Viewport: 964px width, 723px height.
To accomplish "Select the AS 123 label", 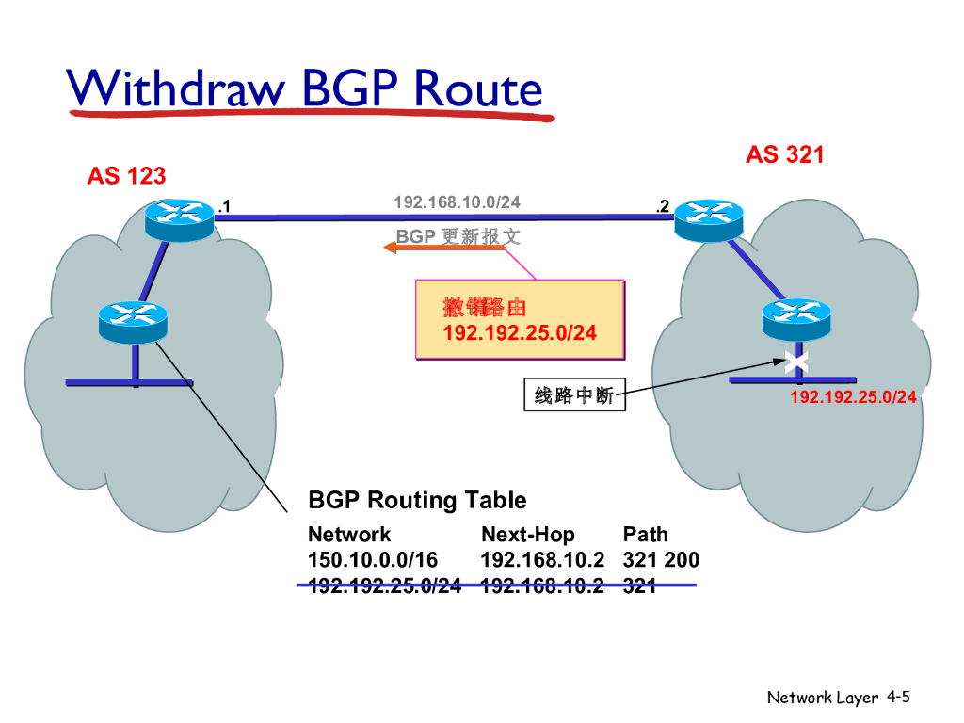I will [x=126, y=175].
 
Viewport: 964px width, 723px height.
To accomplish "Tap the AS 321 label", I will [x=785, y=154].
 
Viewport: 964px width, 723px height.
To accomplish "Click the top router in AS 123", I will [x=179, y=219].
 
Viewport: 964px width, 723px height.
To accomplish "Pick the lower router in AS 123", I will [x=132, y=321].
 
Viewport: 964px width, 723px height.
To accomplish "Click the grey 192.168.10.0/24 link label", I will [x=457, y=202].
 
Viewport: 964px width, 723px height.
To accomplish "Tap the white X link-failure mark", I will [x=796, y=361].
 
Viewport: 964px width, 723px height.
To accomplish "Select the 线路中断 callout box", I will [x=574, y=396].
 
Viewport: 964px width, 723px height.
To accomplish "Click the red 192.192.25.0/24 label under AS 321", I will [x=853, y=397].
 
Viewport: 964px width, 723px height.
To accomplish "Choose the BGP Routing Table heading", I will [x=417, y=500].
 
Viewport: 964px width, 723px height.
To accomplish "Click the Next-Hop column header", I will [x=527, y=535].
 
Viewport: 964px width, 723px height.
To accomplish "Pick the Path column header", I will [x=645, y=535].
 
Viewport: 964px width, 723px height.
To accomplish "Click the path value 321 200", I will [x=661, y=560].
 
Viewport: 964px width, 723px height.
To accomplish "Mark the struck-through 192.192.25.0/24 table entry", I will [x=384, y=586].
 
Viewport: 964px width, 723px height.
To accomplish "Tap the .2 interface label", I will [x=662, y=206].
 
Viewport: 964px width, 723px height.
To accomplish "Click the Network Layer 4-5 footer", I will [x=838, y=698].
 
